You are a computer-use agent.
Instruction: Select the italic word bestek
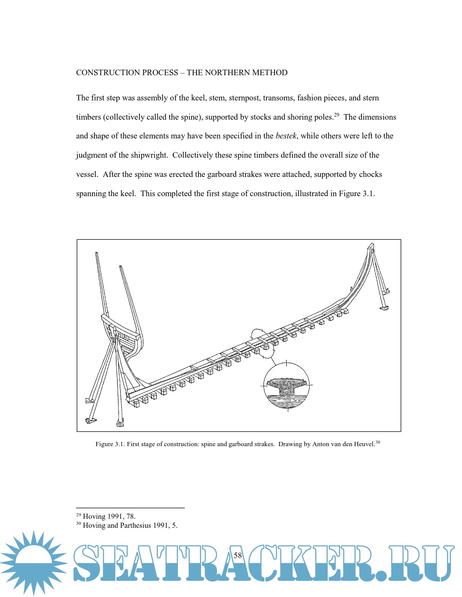pyautogui.click(x=286, y=136)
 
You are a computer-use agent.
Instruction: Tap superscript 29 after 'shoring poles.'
pyautogui.click(x=337, y=115)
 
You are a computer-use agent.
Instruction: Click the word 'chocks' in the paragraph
pyautogui.click(x=370, y=174)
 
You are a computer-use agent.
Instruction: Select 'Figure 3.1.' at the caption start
pyautogui.click(x=110, y=444)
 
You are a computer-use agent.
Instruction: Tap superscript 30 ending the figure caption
pyautogui.click(x=378, y=442)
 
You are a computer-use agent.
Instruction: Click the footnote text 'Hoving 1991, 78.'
pyautogui.click(x=109, y=516)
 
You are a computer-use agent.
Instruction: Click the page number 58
pyautogui.click(x=238, y=556)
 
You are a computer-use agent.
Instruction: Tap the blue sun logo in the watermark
pyautogui.click(x=33, y=563)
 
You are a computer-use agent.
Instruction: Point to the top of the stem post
pyautogui.click(x=371, y=247)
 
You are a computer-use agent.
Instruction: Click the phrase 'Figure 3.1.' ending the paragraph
pyautogui.click(x=357, y=194)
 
